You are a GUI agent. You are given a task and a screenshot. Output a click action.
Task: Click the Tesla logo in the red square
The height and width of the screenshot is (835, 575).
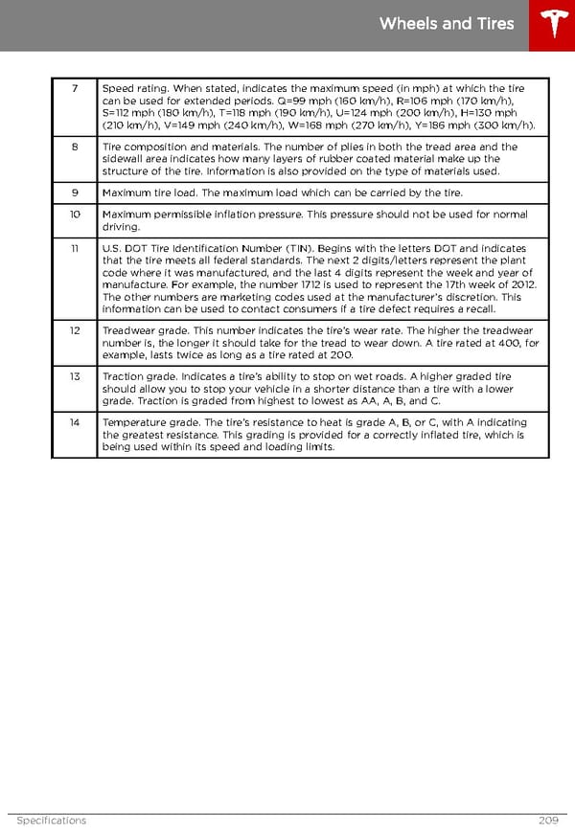tap(552, 25)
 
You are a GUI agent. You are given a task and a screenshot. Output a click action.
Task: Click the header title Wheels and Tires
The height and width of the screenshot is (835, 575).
tap(447, 24)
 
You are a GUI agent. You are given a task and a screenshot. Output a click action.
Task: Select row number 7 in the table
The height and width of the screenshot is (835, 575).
tap(74, 89)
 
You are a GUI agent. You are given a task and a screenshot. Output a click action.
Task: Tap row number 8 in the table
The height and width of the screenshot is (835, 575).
tap(74, 147)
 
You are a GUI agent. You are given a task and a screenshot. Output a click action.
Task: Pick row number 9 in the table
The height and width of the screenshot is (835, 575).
tap(74, 193)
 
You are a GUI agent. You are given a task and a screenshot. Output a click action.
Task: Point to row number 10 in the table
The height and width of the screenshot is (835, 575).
tap(74, 214)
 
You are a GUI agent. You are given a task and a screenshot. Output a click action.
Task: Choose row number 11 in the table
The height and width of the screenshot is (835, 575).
tap(74, 248)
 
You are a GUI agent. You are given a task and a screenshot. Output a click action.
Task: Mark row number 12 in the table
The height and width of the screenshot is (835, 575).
tap(74, 330)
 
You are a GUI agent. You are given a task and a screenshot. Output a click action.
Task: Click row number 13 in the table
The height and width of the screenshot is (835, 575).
tap(74, 377)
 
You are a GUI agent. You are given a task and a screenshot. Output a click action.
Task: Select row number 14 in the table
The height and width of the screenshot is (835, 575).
tap(74, 422)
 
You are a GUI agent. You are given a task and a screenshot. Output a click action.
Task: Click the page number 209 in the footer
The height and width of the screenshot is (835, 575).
tap(549, 821)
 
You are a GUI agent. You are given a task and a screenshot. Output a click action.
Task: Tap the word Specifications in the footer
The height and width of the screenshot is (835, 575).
tap(51, 821)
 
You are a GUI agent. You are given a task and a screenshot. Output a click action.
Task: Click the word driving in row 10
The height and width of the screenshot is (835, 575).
tap(120, 227)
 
